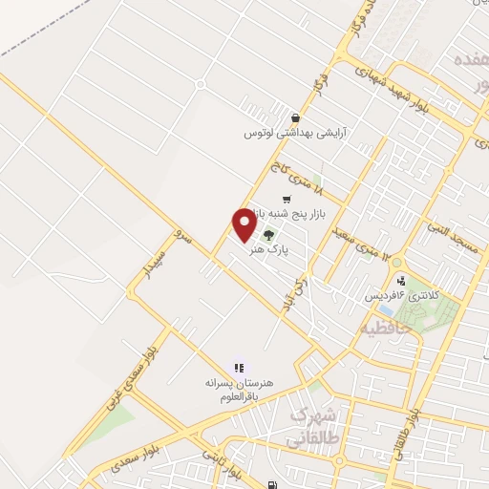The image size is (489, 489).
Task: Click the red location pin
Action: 244,223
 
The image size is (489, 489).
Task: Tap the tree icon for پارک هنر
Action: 269,235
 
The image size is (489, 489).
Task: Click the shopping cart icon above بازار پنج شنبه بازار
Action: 287,199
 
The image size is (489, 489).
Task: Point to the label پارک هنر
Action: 268,250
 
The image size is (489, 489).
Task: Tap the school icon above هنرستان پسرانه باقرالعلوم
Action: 239,367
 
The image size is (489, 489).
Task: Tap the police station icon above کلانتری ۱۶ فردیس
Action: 401,282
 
